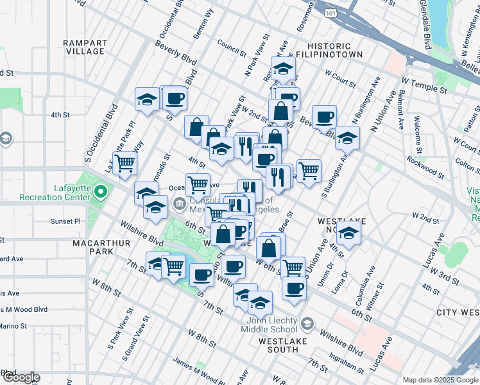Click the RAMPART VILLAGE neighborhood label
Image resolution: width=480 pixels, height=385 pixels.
[x=85, y=47]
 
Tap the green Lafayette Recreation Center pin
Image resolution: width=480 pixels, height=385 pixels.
[x=101, y=191]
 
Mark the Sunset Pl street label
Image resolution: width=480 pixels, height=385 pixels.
[x=66, y=221]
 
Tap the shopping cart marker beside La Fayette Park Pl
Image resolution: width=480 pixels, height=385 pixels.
[x=124, y=163]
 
